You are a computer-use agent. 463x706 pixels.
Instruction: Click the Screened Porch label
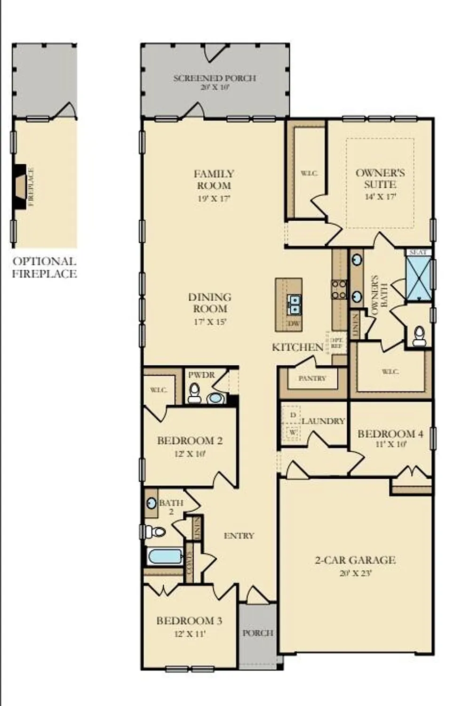point(215,78)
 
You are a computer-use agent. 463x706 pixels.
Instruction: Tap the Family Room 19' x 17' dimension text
point(214,199)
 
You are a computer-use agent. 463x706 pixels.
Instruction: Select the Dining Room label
point(210,303)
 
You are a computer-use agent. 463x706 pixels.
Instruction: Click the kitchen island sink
point(294,304)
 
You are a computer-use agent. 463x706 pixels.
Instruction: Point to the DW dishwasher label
point(294,323)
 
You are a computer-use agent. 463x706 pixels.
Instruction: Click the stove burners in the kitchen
point(339,289)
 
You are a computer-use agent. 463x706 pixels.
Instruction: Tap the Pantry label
point(312,378)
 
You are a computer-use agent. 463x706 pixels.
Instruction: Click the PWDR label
point(201,375)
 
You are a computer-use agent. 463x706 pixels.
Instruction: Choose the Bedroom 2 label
point(190,441)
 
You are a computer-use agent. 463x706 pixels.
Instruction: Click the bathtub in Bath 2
point(165,556)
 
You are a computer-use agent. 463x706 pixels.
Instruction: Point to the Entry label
point(239,536)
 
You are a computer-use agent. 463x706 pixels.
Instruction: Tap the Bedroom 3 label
point(189,621)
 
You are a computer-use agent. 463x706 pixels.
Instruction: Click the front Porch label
point(257,633)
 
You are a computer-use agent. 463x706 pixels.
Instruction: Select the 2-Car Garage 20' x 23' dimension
point(355,573)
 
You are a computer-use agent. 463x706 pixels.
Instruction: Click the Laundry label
point(323,421)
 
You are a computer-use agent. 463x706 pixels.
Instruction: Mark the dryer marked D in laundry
point(293,415)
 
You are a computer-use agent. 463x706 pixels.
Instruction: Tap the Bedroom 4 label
point(390,433)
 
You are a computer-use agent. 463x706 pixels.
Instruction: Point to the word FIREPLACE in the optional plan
point(32,187)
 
